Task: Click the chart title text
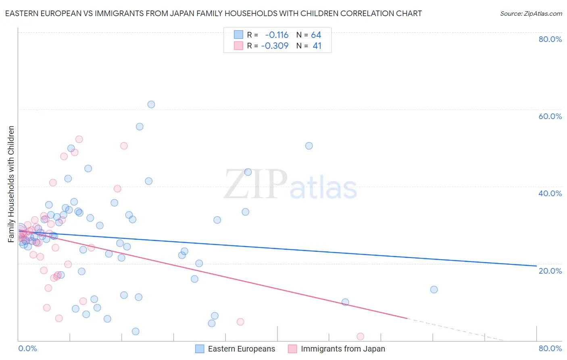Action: (x=213, y=13)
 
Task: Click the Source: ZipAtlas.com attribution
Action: (x=531, y=13)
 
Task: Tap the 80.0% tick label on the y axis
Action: (x=550, y=39)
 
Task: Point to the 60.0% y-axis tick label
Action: (x=550, y=116)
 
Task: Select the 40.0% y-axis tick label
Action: (x=550, y=193)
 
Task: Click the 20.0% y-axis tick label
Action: (x=550, y=271)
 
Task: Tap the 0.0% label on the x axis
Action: (x=27, y=348)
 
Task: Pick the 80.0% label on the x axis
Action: (x=550, y=348)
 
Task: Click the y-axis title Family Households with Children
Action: (x=11, y=184)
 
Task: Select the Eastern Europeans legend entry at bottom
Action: (x=241, y=349)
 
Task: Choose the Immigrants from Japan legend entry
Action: (x=342, y=349)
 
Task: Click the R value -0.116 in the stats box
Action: (x=277, y=35)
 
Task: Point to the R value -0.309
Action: (x=275, y=46)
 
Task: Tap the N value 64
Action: (x=316, y=35)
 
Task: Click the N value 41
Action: (x=317, y=46)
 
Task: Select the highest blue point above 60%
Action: (x=151, y=105)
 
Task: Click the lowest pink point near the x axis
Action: (x=361, y=337)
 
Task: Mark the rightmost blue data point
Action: (x=434, y=289)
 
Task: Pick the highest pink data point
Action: (x=79, y=139)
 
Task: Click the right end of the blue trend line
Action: (x=536, y=266)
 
